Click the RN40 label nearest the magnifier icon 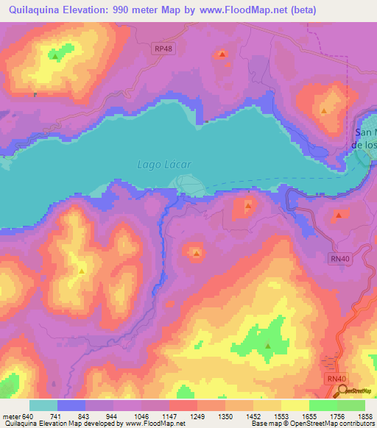click(x=334, y=378)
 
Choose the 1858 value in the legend click(x=364, y=415)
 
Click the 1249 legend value click(x=197, y=415)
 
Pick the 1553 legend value click(x=281, y=415)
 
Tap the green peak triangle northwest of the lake click(x=54, y=56)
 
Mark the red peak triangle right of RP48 click(x=222, y=54)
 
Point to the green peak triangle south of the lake click(x=268, y=346)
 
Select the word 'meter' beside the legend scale click(x=12, y=415)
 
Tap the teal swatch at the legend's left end click(x=43, y=405)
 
